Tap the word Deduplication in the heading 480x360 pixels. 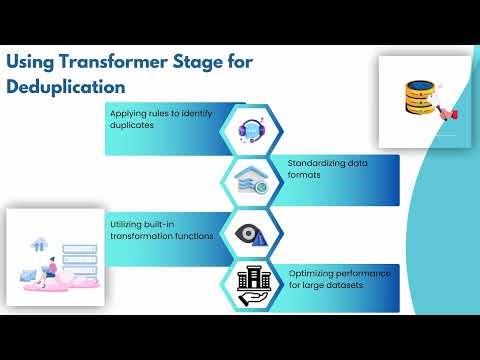tap(66, 86)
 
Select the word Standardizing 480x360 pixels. tap(315, 162)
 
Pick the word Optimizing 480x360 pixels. tap(312, 272)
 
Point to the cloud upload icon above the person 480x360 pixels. tap(40, 244)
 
